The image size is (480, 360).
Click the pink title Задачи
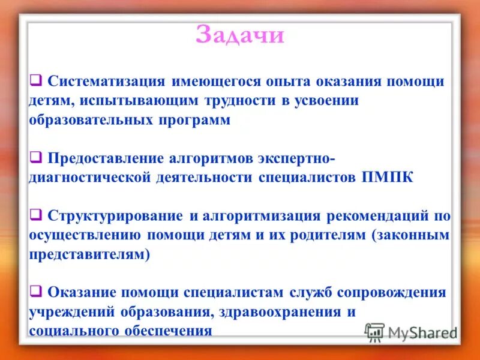[239, 35]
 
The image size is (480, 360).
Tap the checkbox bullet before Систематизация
[35, 80]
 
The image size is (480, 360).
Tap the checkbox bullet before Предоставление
[35, 158]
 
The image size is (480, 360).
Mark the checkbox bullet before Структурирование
[35, 215]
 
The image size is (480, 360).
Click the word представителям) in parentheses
[90, 254]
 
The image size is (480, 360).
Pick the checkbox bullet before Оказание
[35, 292]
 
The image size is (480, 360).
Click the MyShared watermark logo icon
[374, 331]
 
